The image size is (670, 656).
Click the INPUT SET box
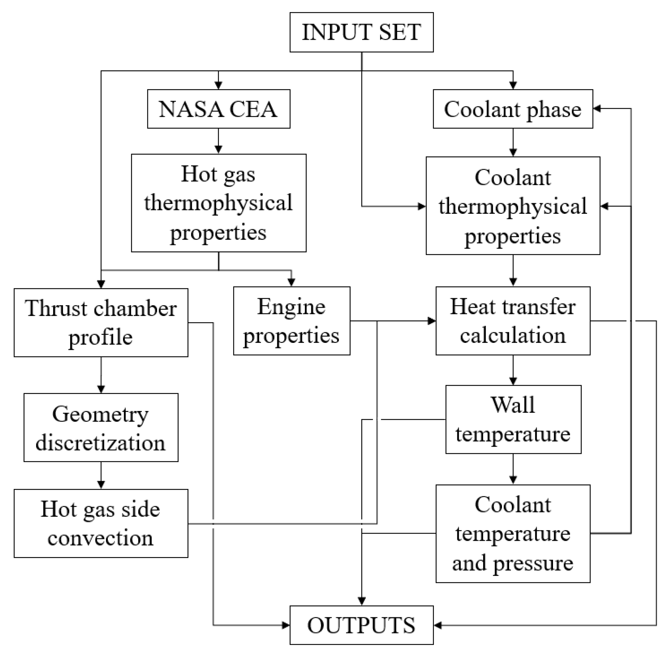pos(361,32)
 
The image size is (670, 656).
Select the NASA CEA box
pos(218,109)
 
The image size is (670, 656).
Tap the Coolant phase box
pos(513,109)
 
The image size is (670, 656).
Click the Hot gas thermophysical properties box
pos(218,203)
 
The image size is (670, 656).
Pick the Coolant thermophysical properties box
pos(513,206)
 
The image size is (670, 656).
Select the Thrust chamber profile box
pos(101,322)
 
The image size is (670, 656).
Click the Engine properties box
pos(291,321)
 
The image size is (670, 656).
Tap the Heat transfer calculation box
pos(513,321)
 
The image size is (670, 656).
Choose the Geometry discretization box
pos(101,427)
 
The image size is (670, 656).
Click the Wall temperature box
pos(513,419)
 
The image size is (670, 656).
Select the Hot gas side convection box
pos(101,523)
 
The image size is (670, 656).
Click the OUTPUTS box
pos(361,625)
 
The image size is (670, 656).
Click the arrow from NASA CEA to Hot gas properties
pos(218,141)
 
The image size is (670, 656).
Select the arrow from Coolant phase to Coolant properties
pos(513,142)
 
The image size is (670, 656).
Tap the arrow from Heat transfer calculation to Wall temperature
pos(513,370)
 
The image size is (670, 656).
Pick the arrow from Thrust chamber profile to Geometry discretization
pos(101,375)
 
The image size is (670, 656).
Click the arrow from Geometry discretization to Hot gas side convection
pos(101,475)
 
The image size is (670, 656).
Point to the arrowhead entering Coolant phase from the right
pos(597,109)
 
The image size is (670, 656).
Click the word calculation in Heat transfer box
pos(513,335)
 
